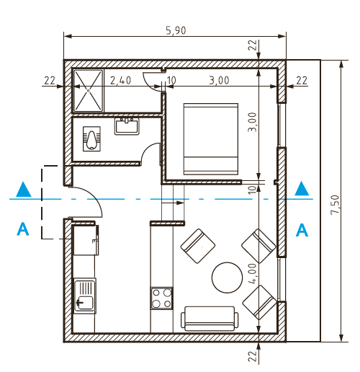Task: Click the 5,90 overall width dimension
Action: point(176,30)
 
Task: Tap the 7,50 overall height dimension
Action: point(335,205)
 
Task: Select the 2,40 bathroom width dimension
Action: point(120,81)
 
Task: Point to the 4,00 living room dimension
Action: point(253,273)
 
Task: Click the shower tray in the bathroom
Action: point(89,91)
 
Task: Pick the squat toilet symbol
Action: point(91,139)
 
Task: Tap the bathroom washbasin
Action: point(127,126)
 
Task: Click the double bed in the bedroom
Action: point(211,138)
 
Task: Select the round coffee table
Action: point(227,278)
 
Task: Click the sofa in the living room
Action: point(210,319)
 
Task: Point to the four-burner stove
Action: point(161,298)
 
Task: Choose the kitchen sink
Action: point(85,296)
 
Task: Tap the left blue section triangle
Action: point(24,190)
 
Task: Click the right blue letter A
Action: point(302,230)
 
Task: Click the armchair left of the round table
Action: point(198,246)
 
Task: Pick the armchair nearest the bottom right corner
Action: point(260,303)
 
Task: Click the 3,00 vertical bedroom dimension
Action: point(253,122)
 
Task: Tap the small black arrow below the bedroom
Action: point(173,203)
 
